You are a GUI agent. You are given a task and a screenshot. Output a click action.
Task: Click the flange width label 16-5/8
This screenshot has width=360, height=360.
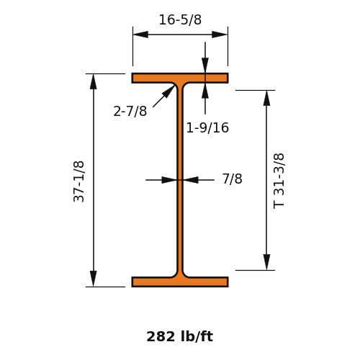(x=180, y=19)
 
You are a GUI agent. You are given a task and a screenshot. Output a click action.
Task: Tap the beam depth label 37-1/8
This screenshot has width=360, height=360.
(x=78, y=181)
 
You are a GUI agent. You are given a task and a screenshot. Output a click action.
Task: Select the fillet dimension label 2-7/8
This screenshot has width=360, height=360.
(x=130, y=112)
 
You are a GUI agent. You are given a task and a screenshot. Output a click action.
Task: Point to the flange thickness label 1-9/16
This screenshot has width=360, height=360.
(x=207, y=127)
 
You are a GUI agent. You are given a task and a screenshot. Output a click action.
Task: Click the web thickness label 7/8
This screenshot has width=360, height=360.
(x=232, y=179)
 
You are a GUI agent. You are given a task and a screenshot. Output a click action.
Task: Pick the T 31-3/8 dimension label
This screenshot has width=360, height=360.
(x=279, y=181)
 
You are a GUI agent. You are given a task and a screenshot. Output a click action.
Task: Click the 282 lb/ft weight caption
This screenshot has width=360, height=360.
(x=180, y=336)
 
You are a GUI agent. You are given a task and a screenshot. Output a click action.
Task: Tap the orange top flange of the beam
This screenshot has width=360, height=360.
(x=180, y=78)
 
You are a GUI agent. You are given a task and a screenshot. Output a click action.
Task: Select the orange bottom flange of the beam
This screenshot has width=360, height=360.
(x=180, y=282)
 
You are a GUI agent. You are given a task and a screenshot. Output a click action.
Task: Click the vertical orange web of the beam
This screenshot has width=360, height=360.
(x=180, y=180)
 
